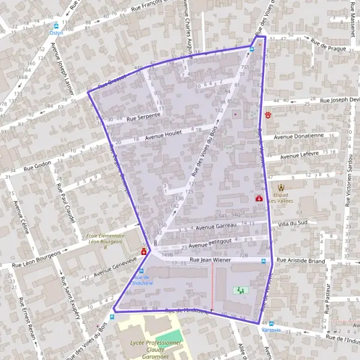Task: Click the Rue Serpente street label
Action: (x=143, y=116)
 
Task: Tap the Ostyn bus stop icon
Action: (x=56, y=26)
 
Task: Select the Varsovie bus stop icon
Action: (x=271, y=323)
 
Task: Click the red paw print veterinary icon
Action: (x=269, y=113)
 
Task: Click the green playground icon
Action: (x=241, y=290)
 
